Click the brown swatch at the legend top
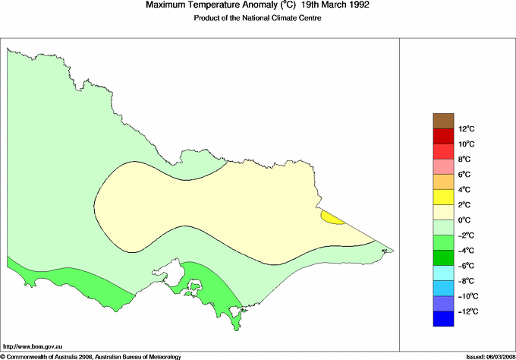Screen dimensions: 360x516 click(443, 121)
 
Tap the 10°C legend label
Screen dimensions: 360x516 click(466, 144)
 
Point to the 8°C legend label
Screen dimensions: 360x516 click(466, 159)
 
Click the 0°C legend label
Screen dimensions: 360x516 click(466, 220)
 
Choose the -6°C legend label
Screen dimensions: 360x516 click(466, 266)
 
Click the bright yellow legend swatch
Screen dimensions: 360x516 click(443, 197)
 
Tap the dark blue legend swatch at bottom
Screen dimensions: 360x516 click(443, 319)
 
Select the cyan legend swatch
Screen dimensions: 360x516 click(443, 273)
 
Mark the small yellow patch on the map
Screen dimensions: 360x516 click(331, 218)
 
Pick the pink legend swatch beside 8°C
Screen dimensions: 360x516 click(443, 167)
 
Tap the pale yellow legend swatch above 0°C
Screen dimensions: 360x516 click(443, 213)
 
